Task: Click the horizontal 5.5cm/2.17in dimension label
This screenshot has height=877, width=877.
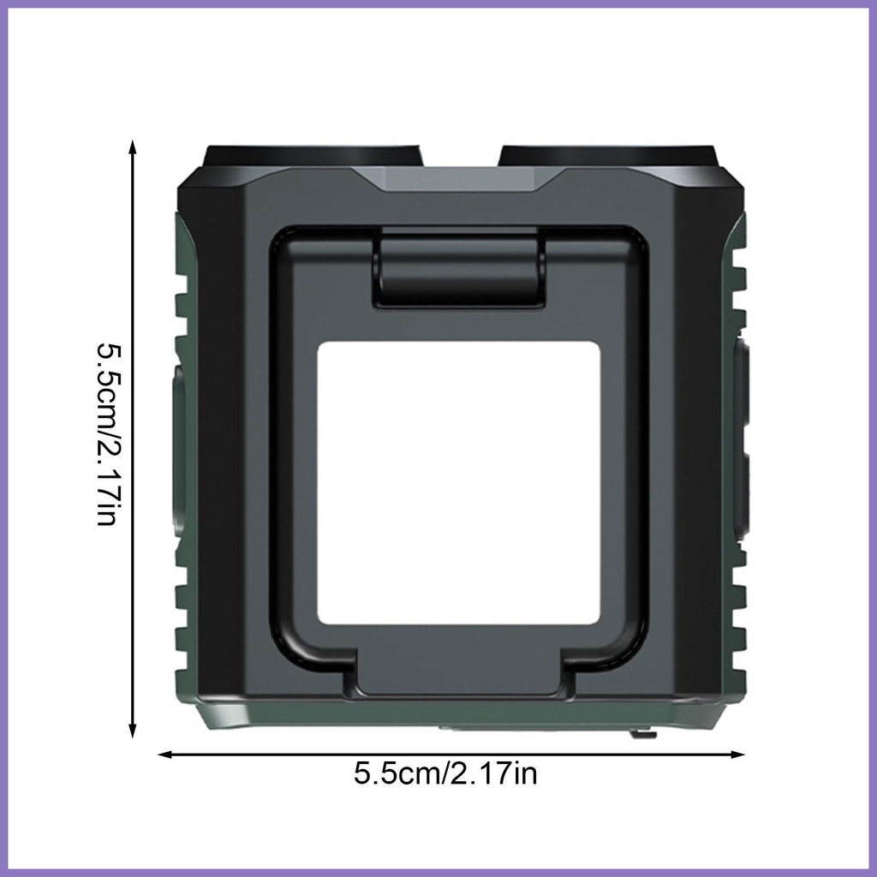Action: point(445,774)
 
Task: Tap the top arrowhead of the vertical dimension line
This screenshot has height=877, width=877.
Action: point(133,146)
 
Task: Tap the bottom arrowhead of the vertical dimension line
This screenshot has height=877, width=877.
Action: point(133,731)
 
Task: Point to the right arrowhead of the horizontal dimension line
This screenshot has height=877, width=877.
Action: point(737,755)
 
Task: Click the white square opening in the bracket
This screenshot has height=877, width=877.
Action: point(459,483)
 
